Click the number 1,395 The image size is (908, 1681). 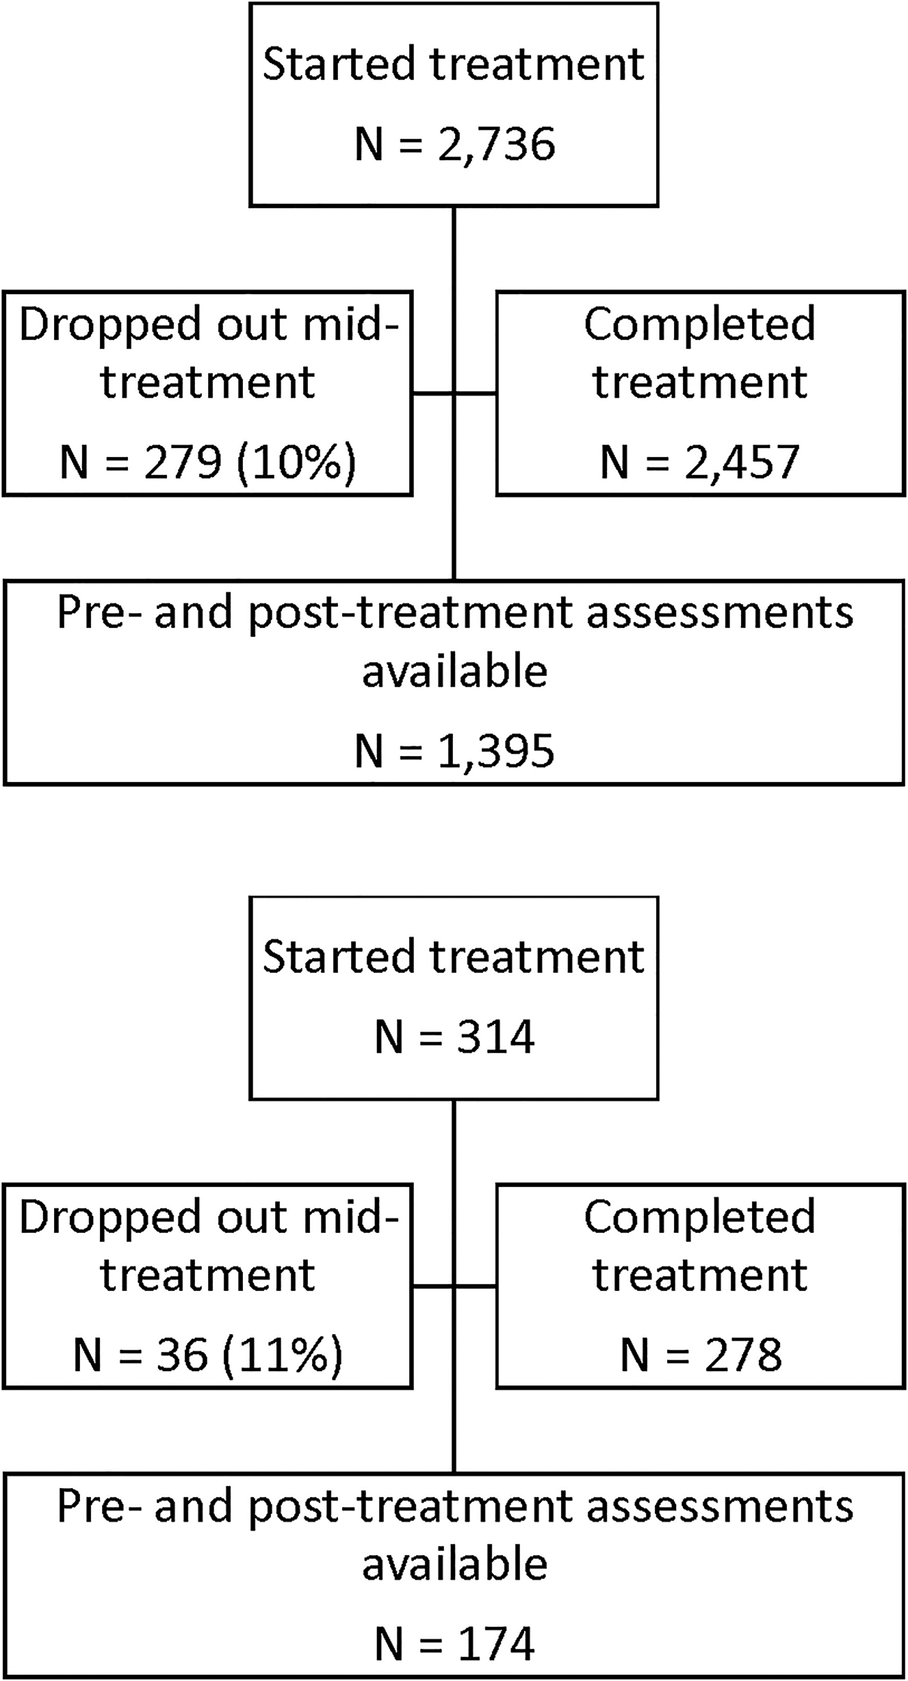point(496,751)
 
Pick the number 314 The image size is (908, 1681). point(496,1037)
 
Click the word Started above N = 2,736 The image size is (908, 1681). point(339,64)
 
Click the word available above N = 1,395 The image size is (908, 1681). point(455,672)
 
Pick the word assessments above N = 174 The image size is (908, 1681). point(721,1507)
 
